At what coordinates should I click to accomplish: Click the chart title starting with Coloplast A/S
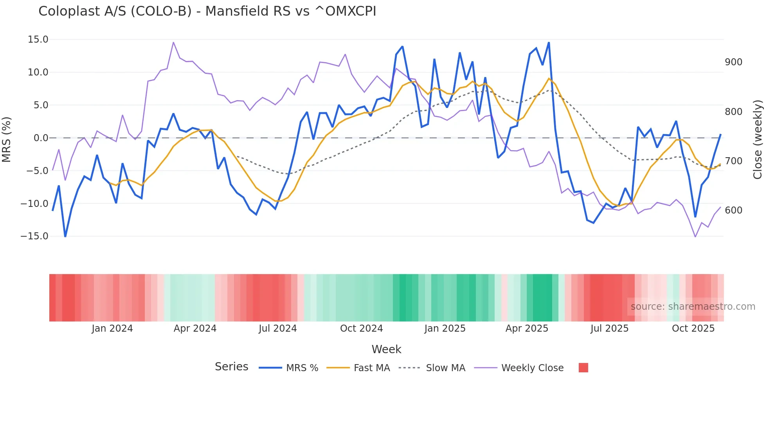click(207, 11)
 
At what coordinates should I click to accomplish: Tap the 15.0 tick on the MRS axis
click(38, 40)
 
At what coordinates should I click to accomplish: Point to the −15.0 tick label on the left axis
click(34, 236)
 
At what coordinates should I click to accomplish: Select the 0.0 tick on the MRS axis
click(41, 138)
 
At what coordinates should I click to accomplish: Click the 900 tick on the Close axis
click(733, 62)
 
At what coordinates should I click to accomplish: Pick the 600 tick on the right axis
click(733, 210)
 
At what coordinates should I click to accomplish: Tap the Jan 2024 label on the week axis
click(112, 329)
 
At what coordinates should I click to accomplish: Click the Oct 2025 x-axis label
click(693, 329)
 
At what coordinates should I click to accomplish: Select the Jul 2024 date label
click(277, 329)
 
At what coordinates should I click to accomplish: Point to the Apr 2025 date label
click(527, 329)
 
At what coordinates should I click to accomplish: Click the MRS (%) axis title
click(7, 140)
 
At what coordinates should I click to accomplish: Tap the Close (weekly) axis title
click(758, 140)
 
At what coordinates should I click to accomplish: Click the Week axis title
click(386, 349)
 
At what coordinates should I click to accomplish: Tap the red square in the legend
click(583, 368)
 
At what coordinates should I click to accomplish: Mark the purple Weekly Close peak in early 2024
click(173, 42)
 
